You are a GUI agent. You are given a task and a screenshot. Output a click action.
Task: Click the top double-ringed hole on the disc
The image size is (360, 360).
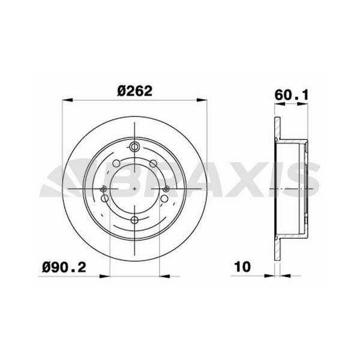click(134, 148)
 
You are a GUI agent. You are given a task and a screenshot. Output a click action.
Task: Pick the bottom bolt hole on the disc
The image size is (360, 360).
click(134, 220)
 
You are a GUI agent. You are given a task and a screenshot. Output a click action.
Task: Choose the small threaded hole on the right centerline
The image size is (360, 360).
click(166, 190)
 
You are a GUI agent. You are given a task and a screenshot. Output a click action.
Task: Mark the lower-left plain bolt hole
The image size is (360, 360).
click(105, 198)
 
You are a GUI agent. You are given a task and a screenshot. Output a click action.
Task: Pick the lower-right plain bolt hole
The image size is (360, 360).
click(164, 198)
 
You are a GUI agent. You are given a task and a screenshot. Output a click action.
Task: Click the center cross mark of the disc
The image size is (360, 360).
click(134, 190)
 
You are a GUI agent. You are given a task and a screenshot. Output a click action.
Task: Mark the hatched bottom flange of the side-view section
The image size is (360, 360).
click(277, 249)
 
